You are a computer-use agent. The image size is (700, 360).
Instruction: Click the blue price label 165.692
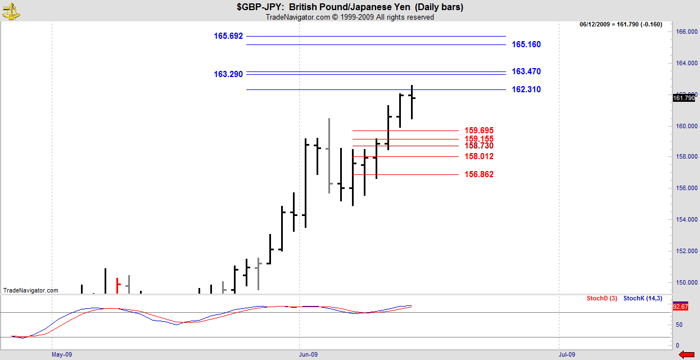coord(228,36)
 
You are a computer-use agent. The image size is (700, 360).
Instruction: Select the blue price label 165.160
coord(526,44)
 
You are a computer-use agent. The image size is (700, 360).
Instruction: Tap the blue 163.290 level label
coord(228,74)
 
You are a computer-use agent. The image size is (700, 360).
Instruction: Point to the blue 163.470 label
coord(526,71)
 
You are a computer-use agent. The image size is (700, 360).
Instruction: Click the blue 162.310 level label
coord(526,89)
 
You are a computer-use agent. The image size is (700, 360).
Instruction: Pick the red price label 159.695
coord(479,130)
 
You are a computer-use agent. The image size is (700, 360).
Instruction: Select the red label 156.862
coord(479,174)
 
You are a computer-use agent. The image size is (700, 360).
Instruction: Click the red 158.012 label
coord(479,156)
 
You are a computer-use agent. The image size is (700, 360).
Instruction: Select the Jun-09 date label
coord(308,354)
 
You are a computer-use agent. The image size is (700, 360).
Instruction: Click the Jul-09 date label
coord(567,354)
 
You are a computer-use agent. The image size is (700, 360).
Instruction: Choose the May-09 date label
coord(62,354)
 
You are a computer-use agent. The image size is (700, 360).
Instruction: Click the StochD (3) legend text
coord(602,298)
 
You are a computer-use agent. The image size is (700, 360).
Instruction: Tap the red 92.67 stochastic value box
coord(680,307)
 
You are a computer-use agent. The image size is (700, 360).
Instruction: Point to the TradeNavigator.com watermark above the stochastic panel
coord(31,290)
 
